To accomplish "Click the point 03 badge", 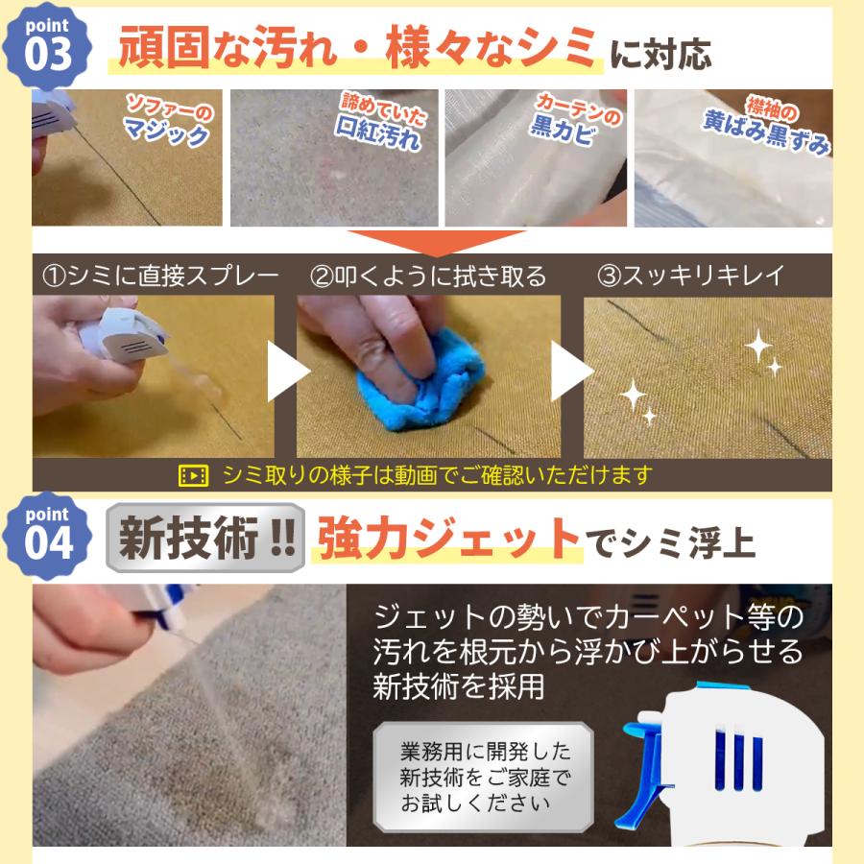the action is coord(47,46).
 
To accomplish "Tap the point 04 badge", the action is coord(47,536).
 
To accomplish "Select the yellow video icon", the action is coord(193,475).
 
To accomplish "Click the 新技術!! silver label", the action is coord(205,538).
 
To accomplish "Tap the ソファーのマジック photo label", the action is coord(167,121).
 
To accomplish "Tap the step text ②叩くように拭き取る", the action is coord(427,276).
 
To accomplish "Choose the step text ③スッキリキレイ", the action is coord(691,275).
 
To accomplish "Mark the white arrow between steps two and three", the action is coord(571,371).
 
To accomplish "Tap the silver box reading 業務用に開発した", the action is coord(483,777).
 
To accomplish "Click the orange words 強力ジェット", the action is coord(447,539).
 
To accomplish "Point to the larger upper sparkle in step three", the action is coord(758,345).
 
